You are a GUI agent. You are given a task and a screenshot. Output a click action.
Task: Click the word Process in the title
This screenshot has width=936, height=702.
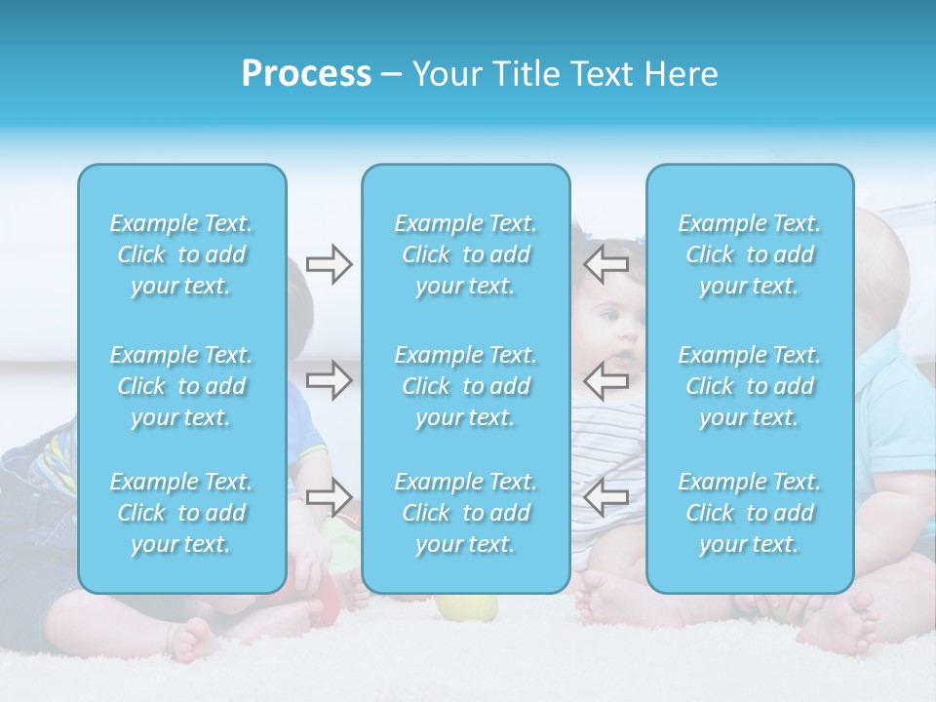pos(306,74)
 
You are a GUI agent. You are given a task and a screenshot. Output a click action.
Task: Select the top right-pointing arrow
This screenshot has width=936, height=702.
pos(329,264)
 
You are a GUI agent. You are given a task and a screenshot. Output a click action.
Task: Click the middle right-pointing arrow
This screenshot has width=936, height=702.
pos(329,380)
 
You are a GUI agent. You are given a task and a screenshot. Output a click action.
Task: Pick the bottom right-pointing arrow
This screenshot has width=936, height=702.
pos(329,496)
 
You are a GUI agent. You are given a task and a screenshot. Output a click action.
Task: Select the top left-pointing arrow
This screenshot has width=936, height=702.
pos(606,264)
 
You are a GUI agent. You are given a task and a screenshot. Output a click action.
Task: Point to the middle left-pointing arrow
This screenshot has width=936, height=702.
pos(606,380)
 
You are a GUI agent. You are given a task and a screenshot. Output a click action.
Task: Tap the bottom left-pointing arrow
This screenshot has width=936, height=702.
pos(606,496)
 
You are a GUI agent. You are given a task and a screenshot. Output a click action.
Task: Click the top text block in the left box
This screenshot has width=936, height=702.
pos(181,254)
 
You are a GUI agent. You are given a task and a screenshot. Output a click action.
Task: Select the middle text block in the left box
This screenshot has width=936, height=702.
pos(181,386)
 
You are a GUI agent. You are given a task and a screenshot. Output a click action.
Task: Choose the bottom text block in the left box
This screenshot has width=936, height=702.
pos(181,513)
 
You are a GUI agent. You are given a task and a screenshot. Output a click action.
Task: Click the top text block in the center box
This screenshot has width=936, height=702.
pos(466,254)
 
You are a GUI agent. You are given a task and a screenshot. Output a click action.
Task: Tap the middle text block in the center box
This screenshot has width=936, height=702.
pos(466,386)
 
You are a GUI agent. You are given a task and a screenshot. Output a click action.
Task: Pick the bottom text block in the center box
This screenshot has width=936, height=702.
pos(466,513)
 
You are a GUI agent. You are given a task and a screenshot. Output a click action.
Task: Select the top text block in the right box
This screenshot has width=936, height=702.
pos(750,254)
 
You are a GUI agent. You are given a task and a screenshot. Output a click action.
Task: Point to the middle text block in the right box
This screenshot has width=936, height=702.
pos(750,386)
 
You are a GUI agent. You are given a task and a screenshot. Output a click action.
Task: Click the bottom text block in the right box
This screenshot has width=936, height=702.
pos(750,513)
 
